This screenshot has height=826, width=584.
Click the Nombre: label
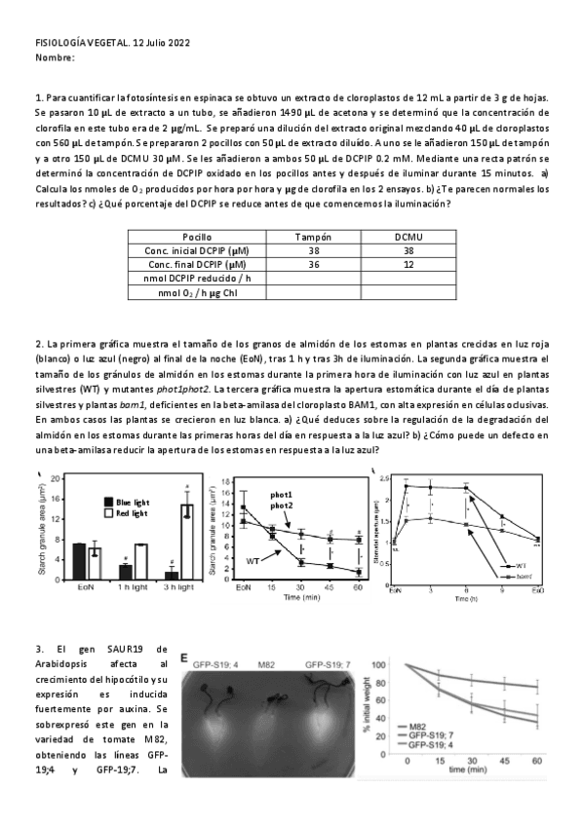[55, 58]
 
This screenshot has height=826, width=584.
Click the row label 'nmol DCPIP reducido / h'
[203, 279]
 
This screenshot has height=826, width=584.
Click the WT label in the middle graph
[253, 562]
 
